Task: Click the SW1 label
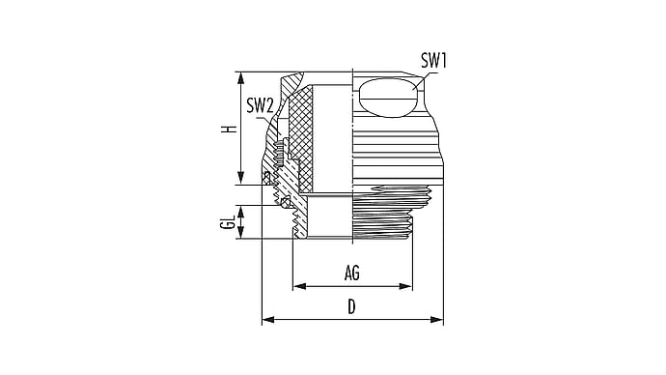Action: pos(433,61)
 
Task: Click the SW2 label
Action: pos(260,106)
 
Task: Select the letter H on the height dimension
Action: pos(230,128)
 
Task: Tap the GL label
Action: pos(228,222)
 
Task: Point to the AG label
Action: pos(352,273)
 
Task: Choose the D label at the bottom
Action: pos(351,306)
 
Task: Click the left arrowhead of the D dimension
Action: pos(268,320)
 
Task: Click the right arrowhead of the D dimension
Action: pos(437,320)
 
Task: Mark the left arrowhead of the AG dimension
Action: pos(300,286)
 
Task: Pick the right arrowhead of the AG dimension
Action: pos(405,286)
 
